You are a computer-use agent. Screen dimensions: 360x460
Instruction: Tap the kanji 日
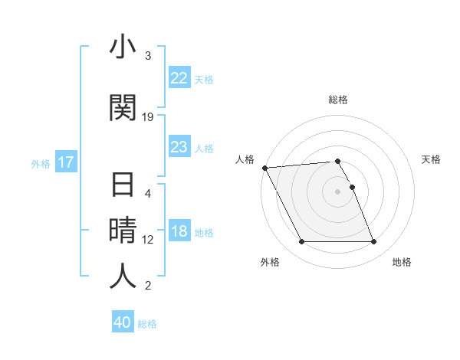point(123,187)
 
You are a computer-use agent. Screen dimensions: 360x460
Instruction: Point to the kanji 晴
point(123,231)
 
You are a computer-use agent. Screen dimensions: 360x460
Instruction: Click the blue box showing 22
point(179,77)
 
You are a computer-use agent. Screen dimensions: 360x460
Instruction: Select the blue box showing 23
point(179,147)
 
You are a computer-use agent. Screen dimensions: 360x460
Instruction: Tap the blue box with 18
point(179,232)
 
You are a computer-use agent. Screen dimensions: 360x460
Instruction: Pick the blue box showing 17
point(65,162)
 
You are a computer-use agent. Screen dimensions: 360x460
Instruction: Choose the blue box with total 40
point(123,322)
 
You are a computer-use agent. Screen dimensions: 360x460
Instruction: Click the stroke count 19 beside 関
point(148,117)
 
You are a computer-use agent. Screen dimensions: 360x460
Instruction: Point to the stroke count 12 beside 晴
point(148,239)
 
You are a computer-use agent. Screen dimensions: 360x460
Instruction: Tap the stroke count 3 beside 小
point(148,56)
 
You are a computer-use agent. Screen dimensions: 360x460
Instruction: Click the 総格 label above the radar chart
point(338,100)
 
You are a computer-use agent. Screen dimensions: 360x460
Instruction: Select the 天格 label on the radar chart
point(432,159)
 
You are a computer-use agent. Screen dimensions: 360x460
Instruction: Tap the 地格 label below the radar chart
point(402,262)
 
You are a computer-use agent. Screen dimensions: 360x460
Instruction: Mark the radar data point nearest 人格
point(264,168)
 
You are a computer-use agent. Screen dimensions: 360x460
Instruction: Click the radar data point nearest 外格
point(301,242)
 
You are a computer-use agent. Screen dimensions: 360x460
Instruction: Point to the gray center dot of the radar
point(338,191)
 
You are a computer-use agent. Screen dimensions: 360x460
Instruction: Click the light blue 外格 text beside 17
point(40,163)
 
